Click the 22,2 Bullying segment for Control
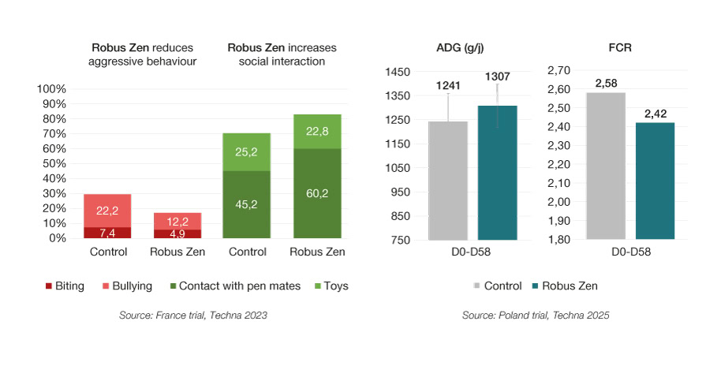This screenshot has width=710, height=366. tap(107, 211)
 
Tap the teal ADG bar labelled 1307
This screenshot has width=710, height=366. tap(498, 172)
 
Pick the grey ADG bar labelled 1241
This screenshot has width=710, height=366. tap(448, 180)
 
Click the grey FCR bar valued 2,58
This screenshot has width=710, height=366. tap(606, 166)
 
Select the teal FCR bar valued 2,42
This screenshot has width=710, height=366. tap(654, 181)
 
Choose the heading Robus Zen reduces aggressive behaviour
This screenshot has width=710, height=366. tap(141, 54)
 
